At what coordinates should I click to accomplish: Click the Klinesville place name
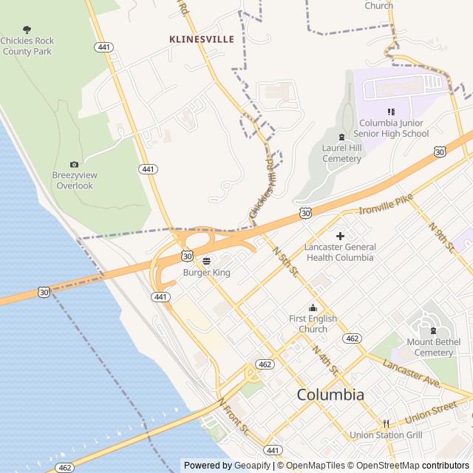point(202,39)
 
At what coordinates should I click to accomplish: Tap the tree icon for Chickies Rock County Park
point(27,30)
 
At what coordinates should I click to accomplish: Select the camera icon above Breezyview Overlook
point(73,164)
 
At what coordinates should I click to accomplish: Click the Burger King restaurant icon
point(207,260)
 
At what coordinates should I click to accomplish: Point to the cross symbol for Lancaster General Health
point(340,236)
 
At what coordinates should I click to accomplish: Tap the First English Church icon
point(313,307)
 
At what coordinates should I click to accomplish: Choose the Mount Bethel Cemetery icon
point(434,330)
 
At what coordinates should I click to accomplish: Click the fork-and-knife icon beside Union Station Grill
point(386,423)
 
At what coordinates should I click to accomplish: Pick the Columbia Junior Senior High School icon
point(391,112)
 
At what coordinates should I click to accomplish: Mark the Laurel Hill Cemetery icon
point(341,137)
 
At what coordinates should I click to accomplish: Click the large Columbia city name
point(330,395)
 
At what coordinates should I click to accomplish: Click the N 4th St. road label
point(325,359)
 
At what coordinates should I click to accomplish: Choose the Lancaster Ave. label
point(412,372)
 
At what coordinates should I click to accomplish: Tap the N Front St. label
point(234,416)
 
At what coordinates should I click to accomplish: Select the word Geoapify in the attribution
point(253,466)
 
